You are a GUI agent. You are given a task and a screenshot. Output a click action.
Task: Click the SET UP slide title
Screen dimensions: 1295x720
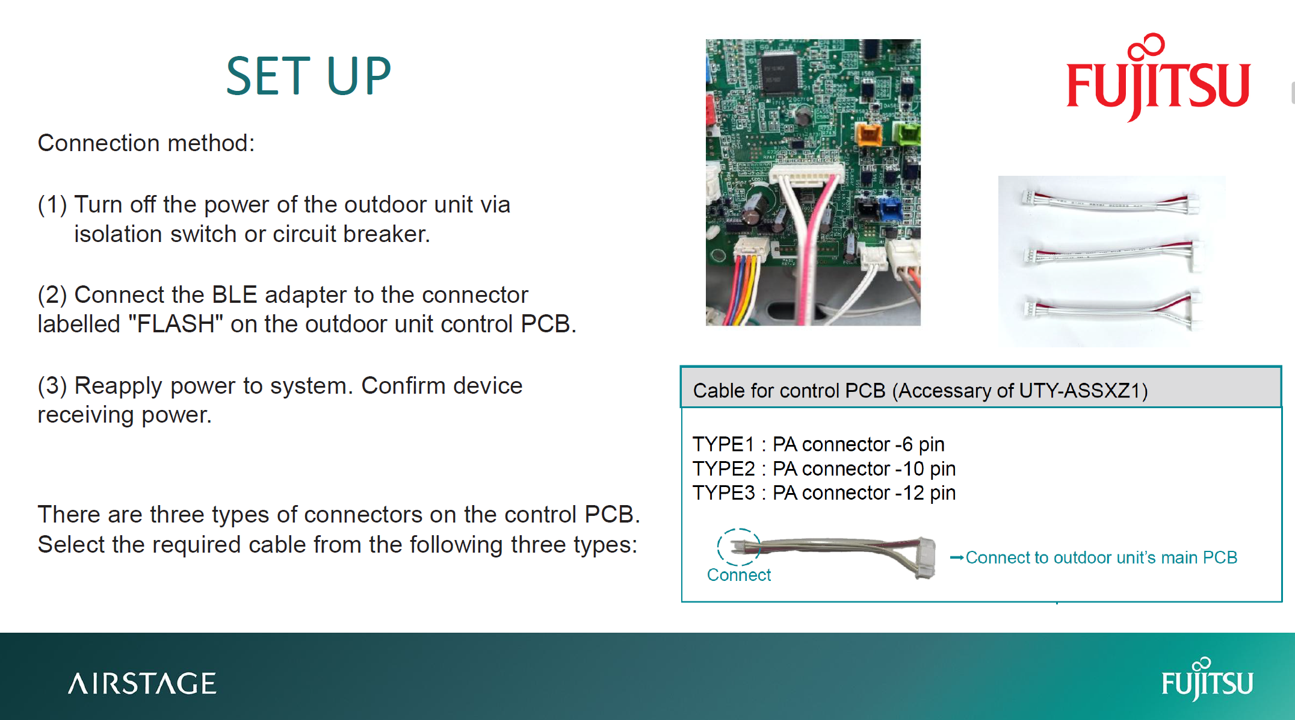tap(308, 76)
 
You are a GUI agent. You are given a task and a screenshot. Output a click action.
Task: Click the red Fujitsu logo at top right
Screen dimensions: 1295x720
tap(1158, 78)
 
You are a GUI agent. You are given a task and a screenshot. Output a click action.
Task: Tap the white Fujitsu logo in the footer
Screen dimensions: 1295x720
tap(1207, 680)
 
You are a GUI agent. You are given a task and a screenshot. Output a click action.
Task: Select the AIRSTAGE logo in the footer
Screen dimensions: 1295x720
tap(142, 684)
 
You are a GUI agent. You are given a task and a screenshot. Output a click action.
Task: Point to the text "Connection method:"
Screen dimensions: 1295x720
tap(146, 143)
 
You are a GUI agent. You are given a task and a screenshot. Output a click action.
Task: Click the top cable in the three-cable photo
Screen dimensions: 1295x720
tap(1110, 202)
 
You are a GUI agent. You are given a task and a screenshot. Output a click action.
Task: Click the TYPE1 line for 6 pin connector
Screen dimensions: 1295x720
tap(818, 444)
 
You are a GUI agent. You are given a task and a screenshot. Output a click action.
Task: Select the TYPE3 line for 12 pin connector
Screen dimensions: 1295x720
tap(824, 493)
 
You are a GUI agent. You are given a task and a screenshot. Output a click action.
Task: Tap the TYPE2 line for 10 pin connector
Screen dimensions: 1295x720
tap(824, 469)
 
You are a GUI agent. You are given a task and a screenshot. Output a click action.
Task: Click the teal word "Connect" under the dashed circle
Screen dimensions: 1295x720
tap(738, 576)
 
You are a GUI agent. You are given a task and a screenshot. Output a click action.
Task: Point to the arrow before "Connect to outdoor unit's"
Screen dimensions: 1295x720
tap(956, 558)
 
